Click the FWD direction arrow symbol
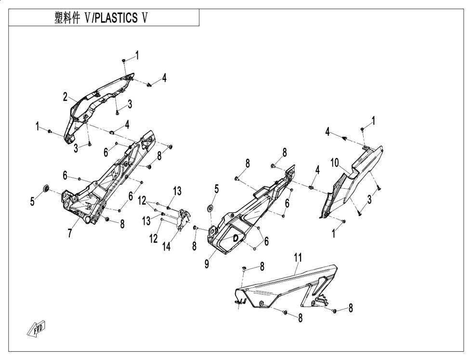[x=37, y=328]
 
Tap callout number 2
[x=66, y=97]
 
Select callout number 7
[x=70, y=233]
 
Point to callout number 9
[x=207, y=264]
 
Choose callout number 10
[x=335, y=163]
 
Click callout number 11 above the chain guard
[x=298, y=258]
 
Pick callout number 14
[x=166, y=246]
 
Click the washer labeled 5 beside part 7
[x=46, y=189]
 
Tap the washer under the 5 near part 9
[x=210, y=207]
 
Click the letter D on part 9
[x=236, y=237]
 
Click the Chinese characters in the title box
[x=67, y=18]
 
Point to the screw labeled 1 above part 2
[x=124, y=61]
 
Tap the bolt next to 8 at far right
[x=334, y=310]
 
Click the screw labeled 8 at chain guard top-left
[x=244, y=268]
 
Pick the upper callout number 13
[x=177, y=191]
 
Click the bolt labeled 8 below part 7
[x=107, y=219]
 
